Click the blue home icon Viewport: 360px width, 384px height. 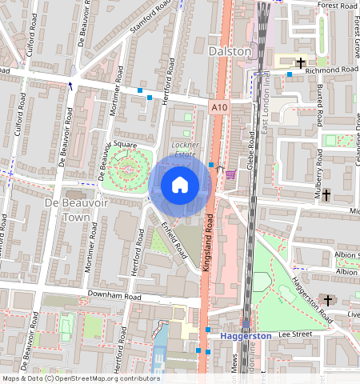pyautogui.click(x=180, y=185)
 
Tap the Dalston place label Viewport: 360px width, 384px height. pyautogui.click(x=230, y=51)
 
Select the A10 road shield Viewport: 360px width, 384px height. pyautogui.click(x=219, y=106)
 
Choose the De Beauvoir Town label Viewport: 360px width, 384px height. pyautogui.click(x=75, y=210)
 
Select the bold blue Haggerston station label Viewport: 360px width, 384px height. pyautogui.click(x=246, y=336)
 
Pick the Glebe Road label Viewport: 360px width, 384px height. pyautogui.click(x=250, y=151)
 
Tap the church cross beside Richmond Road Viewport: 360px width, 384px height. pyautogui.click(x=302, y=62)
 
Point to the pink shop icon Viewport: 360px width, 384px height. pyautogui.click(x=230, y=175)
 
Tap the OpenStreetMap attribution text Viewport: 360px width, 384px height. pyautogui.click(x=80, y=378)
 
